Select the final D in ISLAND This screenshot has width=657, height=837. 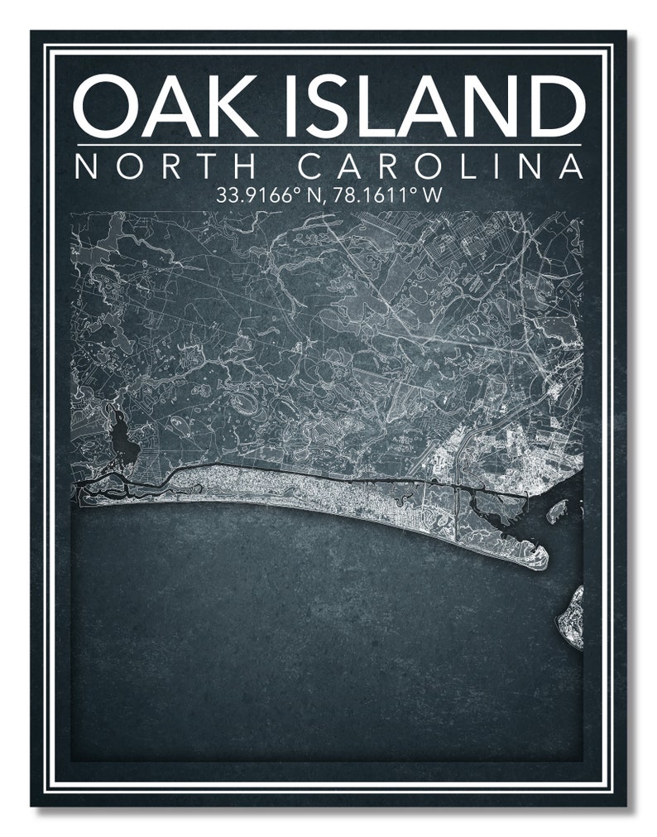(554, 105)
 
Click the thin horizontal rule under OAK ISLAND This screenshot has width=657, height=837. (328, 146)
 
